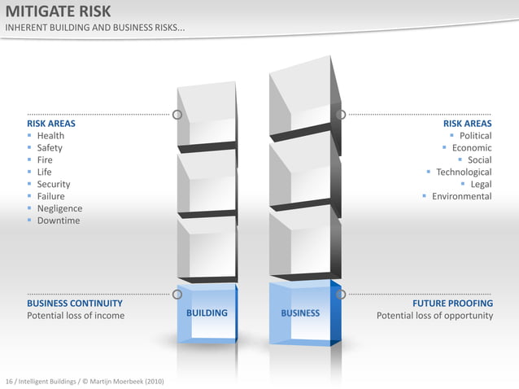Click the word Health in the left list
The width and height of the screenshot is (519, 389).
pyautogui.click(x=50, y=136)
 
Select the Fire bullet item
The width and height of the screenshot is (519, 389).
pyautogui.click(x=45, y=160)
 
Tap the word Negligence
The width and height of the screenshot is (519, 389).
pyautogui.click(x=59, y=208)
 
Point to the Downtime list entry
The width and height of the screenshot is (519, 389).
pyautogui.click(x=59, y=221)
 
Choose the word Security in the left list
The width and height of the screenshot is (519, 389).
pyautogui.click(x=54, y=185)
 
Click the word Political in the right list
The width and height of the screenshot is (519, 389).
pyautogui.click(x=475, y=136)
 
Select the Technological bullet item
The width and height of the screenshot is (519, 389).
pyautogui.click(x=464, y=173)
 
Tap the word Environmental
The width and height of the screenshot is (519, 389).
pyautogui.click(x=461, y=196)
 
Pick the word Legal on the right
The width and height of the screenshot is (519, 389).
pyautogui.click(x=481, y=185)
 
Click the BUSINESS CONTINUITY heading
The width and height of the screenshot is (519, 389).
pyautogui.click(x=75, y=304)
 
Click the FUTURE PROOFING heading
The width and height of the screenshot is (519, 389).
pyautogui.click(x=452, y=304)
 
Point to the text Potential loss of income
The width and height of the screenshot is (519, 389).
pyautogui.click(x=76, y=316)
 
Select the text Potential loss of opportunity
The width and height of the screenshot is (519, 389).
pyautogui.click(x=434, y=316)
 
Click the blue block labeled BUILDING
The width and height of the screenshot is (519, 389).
pyautogui.click(x=207, y=313)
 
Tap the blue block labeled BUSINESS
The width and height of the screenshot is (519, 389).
pyautogui.click(x=300, y=313)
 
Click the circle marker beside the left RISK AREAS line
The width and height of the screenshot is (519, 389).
pyautogui.click(x=177, y=114)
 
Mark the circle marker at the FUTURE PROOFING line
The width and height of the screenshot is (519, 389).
pyautogui.click(x=341, y=294)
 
